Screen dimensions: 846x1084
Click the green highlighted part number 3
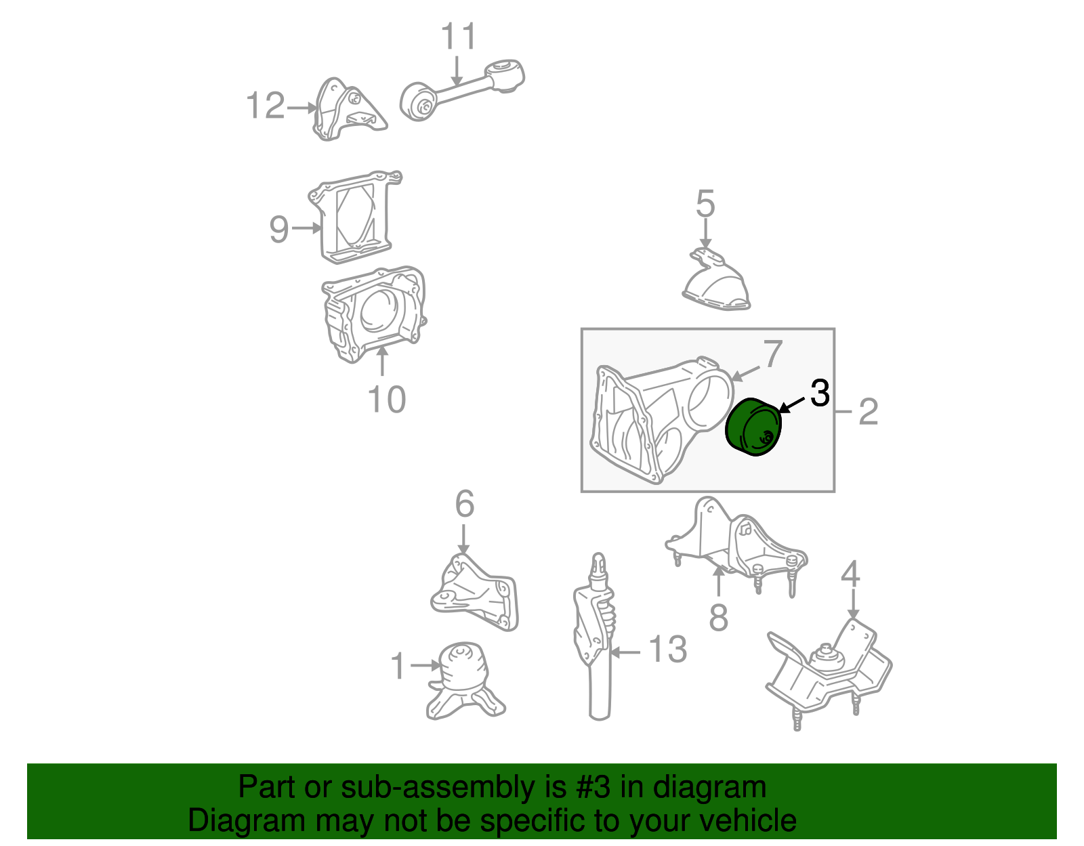pyautogui.click(x=752, y=428)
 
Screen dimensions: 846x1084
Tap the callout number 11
pyautogui.click(x=459, y=37)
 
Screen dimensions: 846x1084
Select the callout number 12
pyautogui.click(x=266, y=106)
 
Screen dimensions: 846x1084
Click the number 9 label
pyautogui.click(x=279, y=229)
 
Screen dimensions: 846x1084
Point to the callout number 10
pyautogui.click(x=386, y=399)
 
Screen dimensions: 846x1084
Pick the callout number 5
pyautogui.click(x=705, y=204)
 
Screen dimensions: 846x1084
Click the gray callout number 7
pyautogui.click(x=772, y=354)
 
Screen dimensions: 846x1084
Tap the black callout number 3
pyautogui.click(x=820, y=394)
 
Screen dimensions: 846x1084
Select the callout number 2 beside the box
pyautogui.click(x=868, y=412)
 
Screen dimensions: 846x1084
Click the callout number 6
pyautogui.click(x=464, y=504)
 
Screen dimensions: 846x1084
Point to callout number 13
pyautogui.click(x=667, y=650)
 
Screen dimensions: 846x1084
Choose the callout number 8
pyautogui.click(x=718, y=617)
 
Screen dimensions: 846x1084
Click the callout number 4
pyautogui.click(x=850, y=574)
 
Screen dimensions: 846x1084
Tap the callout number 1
pyautogui.click(x=398, y=667)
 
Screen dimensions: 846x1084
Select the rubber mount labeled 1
pyautogui.click(x=463, y=681)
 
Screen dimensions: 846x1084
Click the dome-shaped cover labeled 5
pyautogui.click(x=717, y=284)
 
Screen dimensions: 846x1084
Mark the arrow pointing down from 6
pyautogui.click(x=463, y=538)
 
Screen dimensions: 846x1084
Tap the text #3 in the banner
pyautogui.click(x=593, y=788)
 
